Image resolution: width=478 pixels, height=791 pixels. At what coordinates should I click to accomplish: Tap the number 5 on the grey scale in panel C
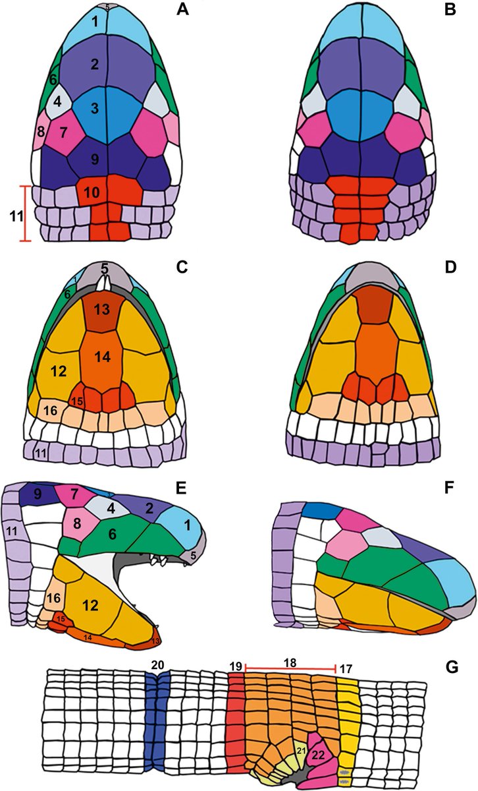point(105,269)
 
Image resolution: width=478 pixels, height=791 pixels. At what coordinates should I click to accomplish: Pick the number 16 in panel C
point(51,411)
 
